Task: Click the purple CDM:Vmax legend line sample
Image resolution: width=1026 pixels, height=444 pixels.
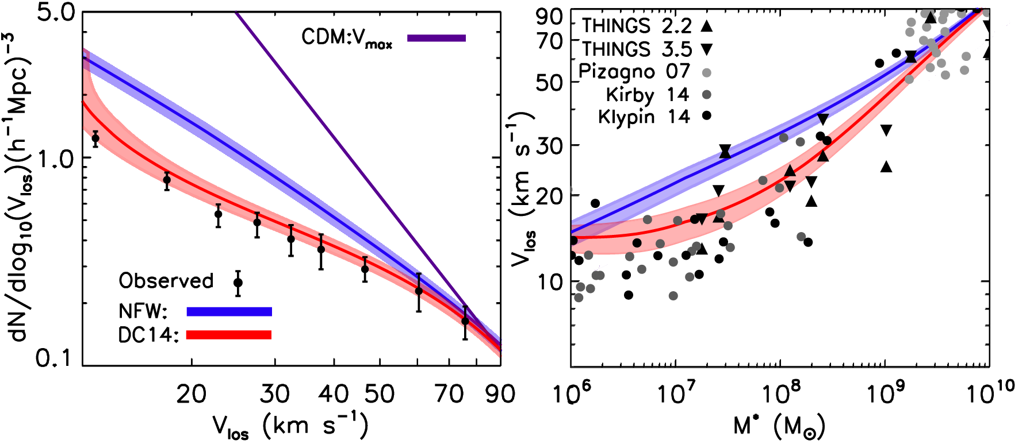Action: pyautogui.click(x=437, y=38)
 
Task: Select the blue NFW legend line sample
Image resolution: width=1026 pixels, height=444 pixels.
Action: pyautogui.click(x=229, y=311)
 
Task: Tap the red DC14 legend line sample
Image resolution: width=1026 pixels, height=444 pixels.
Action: pyautogui.click(x=229, y=335)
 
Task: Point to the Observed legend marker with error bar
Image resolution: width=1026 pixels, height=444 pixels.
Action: pyautogui.click(x=238, y=283)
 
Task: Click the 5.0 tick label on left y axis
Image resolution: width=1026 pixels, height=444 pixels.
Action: pyautogui.click(x=56, y=13)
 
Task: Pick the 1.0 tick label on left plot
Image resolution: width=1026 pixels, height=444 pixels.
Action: pyautogui.click(x=56, y=159)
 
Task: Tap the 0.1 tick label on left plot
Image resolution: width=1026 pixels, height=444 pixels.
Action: pyautogui.click(x=53, y=358)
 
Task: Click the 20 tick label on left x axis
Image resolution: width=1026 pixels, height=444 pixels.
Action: pyautogui.click(x=191, y=395)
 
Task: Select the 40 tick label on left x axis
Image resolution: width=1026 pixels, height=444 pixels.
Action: pyautogui.click(x=334, y=395)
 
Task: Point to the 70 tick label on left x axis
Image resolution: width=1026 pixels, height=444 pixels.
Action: pyautogui.click(x=449, y=395)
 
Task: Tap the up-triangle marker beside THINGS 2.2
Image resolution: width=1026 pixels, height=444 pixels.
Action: pyautogui.click(x=707, y=25)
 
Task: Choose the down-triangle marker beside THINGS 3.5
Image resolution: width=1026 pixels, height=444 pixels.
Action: pyautogui.click(x=707, y=49)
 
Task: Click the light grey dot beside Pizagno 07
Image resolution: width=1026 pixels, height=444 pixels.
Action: pyautogui.click(x=707, y=72)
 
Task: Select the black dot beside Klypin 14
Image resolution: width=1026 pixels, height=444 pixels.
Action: pyautogui.click(x=707, y=116)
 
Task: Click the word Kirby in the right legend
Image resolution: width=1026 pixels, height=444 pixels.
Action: pyautogui.click(x=630, y=95)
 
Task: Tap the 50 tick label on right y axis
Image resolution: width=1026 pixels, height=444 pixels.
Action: pyautogui.click(x=549, y=83)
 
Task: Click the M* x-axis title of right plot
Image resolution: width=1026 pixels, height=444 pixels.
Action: pyautogui.click(x=779, y=426)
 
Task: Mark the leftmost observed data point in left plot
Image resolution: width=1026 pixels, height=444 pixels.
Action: pyautogui.click(x=95, y=138)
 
